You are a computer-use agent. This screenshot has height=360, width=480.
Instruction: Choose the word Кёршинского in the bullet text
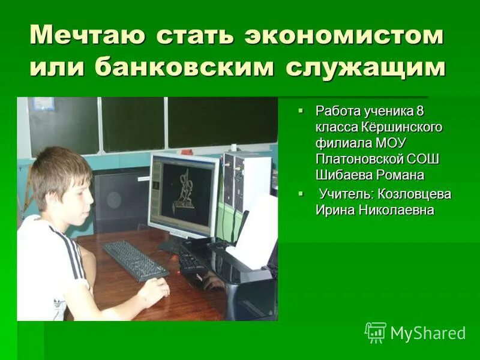click(x=402, y=127)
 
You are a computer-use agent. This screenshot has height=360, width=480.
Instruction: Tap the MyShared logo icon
click(x=375, y=332)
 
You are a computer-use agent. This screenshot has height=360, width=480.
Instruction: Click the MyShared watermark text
click(x=428, y=333)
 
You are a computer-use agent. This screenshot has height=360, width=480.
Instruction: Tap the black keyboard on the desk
click(x=134, y=260)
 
